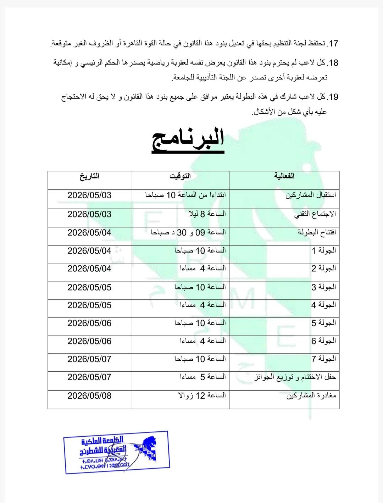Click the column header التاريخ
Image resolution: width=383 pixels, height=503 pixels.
pos(89,176)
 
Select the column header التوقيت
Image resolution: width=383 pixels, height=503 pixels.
pos(180,176)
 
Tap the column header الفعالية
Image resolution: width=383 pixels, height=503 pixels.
pos(284,176)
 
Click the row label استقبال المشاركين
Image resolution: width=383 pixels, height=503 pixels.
pos(311,195)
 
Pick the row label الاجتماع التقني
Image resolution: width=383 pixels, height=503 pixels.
pos(315,214)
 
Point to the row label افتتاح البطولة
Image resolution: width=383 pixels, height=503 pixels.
pos(317,232)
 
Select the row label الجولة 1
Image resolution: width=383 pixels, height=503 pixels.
pos(324,250)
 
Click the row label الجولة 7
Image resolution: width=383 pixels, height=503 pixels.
pos(324,359)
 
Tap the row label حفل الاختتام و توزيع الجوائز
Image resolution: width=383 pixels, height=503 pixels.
pos(295,377)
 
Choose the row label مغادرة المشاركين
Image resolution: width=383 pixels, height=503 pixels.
pos(311,396)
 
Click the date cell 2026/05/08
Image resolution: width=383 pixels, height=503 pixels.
pos(89,395)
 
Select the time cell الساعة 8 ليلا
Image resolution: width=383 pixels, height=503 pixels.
pos(207,214)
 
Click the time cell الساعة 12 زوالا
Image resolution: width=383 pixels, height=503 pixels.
pos(202,395)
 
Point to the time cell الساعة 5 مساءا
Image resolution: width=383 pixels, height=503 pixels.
pos(203,377)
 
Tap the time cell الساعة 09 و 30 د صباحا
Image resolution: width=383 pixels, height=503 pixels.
pos(188,232)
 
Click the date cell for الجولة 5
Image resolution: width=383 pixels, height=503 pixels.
pos(89,323)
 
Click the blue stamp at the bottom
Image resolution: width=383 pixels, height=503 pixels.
pos(116,452)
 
